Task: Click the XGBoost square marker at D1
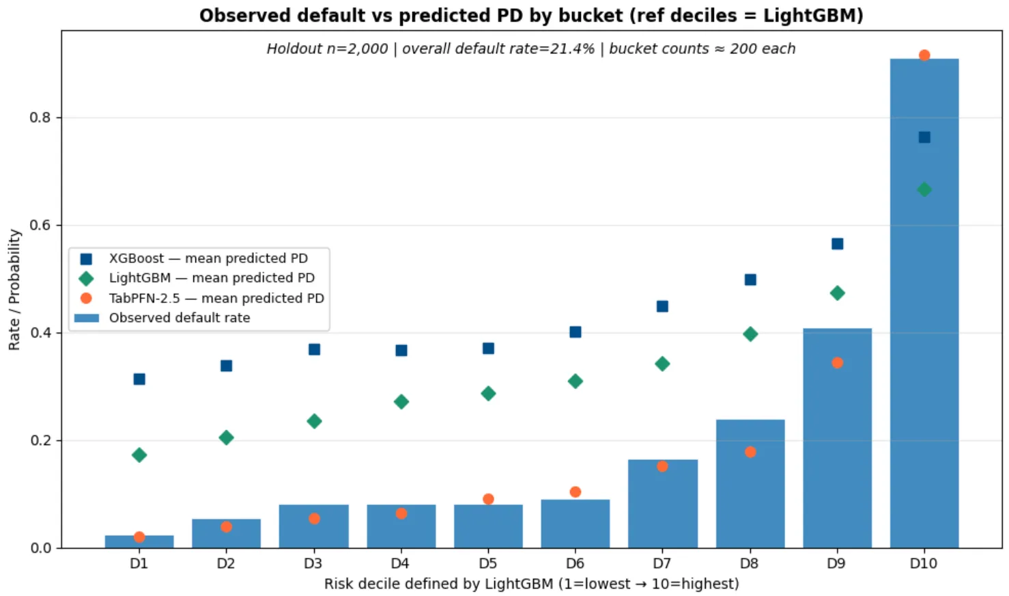tap(139, 379)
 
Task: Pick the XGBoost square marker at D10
tap(924, 137)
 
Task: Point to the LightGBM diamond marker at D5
tap(488, 394)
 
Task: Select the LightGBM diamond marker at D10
tap(924, 190)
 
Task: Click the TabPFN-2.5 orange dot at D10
tap(924, 55)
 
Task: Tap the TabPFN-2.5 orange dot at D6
tap(575, 492)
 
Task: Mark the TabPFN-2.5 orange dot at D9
tap(837, 363)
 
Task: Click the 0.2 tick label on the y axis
tap(41, 441)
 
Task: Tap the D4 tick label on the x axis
tap(400, 564)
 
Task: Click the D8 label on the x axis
tap(749, 564)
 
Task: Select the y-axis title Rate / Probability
tap(14, 290)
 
